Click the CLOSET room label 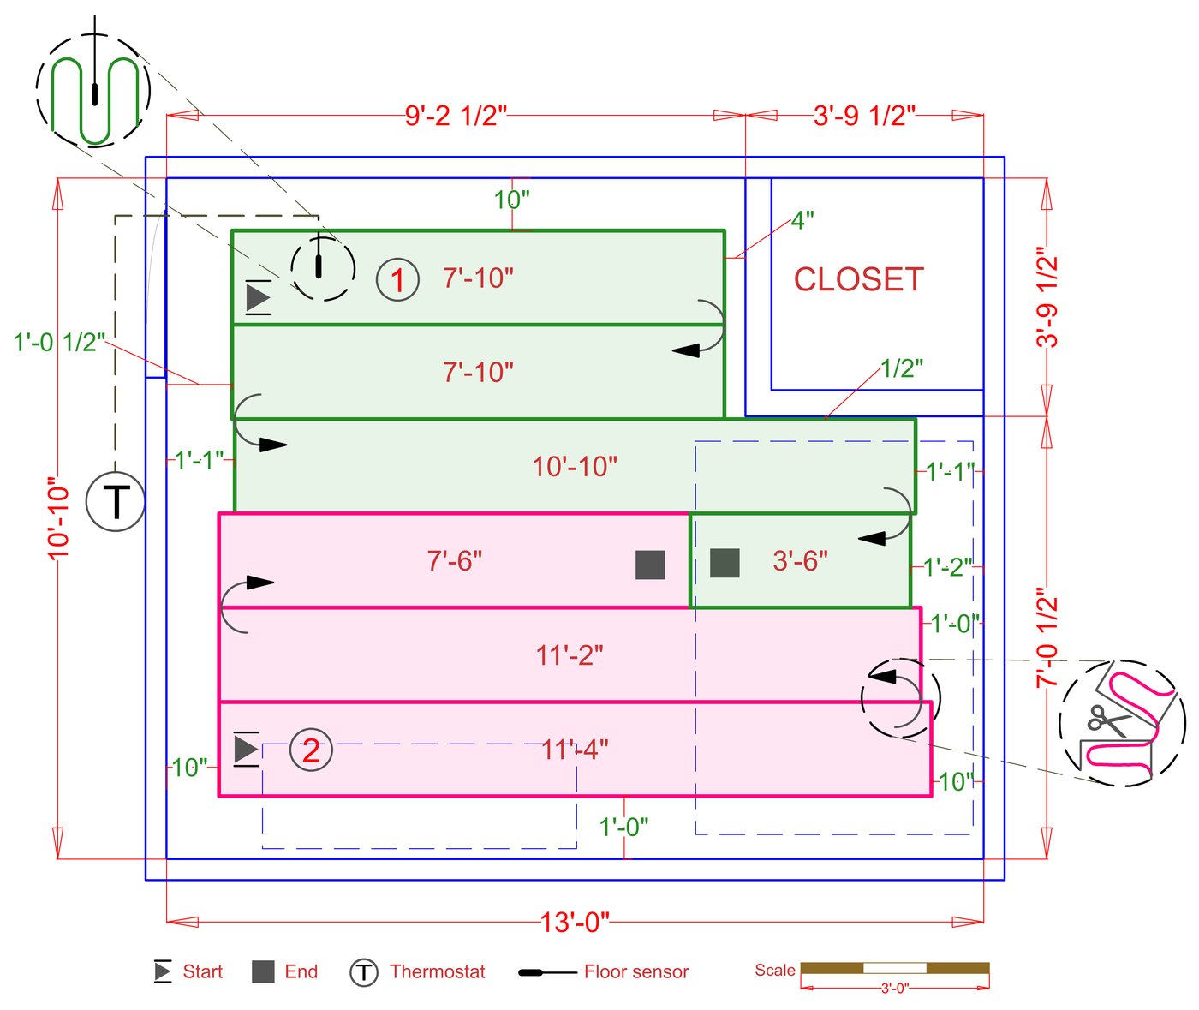click(858, 279)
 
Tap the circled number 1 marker click(397, 279)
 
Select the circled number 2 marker click(311, 750)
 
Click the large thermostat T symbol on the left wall click(116, 501)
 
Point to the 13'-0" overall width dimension click(575, 923)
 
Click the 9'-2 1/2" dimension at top click(456, 116)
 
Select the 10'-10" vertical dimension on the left click(58, 518)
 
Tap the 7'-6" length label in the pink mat click(455, 561)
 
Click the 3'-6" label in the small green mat click(800, 561)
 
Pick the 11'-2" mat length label click(570, 655)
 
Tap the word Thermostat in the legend click(437, 971)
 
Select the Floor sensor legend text click(636, 971)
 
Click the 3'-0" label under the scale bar click(895, 989)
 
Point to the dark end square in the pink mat click(650, 565)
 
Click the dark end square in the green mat click(725, 563)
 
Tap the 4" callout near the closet click(802, 220)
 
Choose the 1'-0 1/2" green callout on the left click(59, 342)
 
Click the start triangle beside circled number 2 click(246, 749)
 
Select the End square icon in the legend click(263, 971)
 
